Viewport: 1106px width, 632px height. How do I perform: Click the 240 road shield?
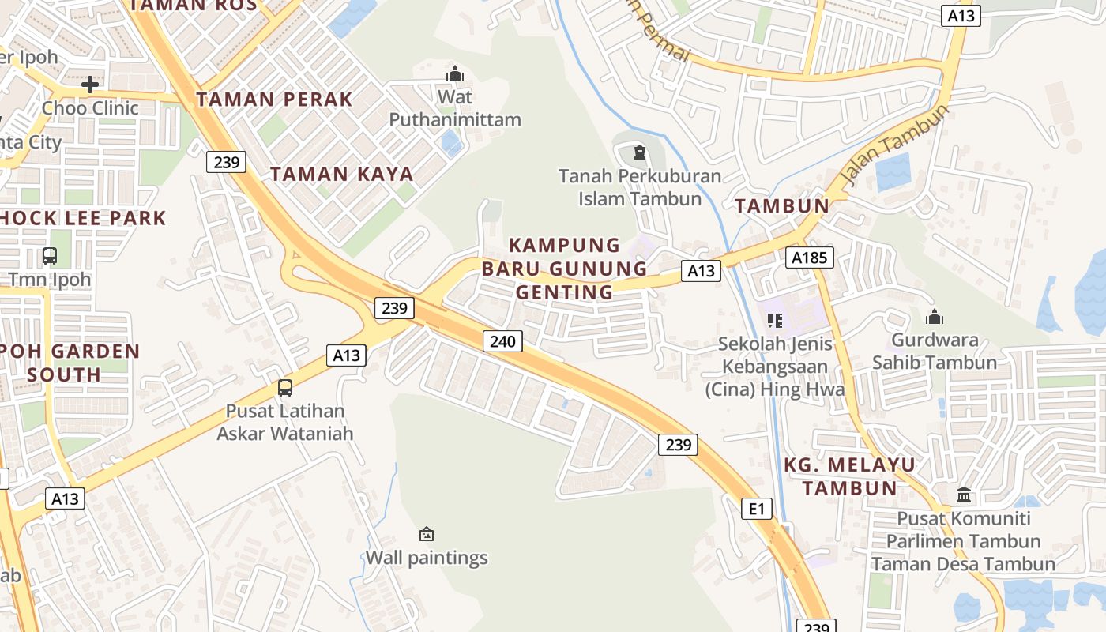click(502, 341)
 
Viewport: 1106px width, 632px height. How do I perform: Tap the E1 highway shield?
click(757, 509)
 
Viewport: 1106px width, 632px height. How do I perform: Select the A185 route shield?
click(809, 257)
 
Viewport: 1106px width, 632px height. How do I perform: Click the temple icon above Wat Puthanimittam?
click(455, 74)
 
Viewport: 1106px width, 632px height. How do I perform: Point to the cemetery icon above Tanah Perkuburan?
click(639, 152)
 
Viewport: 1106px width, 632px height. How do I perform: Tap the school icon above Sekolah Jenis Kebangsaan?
click(774, 320)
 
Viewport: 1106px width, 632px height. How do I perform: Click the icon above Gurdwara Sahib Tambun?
click(935, 317)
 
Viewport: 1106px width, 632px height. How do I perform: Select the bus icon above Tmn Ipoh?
click(50, 256)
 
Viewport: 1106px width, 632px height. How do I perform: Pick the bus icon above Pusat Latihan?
click(285, 388)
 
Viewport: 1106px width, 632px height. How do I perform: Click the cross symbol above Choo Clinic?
click(90, 84)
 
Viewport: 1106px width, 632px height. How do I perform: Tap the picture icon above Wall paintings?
click(427, 534)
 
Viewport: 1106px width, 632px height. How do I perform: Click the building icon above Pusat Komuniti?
click(964, 495)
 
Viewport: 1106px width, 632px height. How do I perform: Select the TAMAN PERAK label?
click(274, 100)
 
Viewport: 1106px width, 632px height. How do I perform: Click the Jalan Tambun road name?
click(895, 145)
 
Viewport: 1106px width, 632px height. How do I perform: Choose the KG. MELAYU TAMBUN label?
click(850, 476)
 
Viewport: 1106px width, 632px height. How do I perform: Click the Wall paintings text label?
click(427, 558)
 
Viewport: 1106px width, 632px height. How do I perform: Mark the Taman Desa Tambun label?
click(964, 564)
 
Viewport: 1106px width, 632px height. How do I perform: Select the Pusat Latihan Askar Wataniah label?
click(285, 422)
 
